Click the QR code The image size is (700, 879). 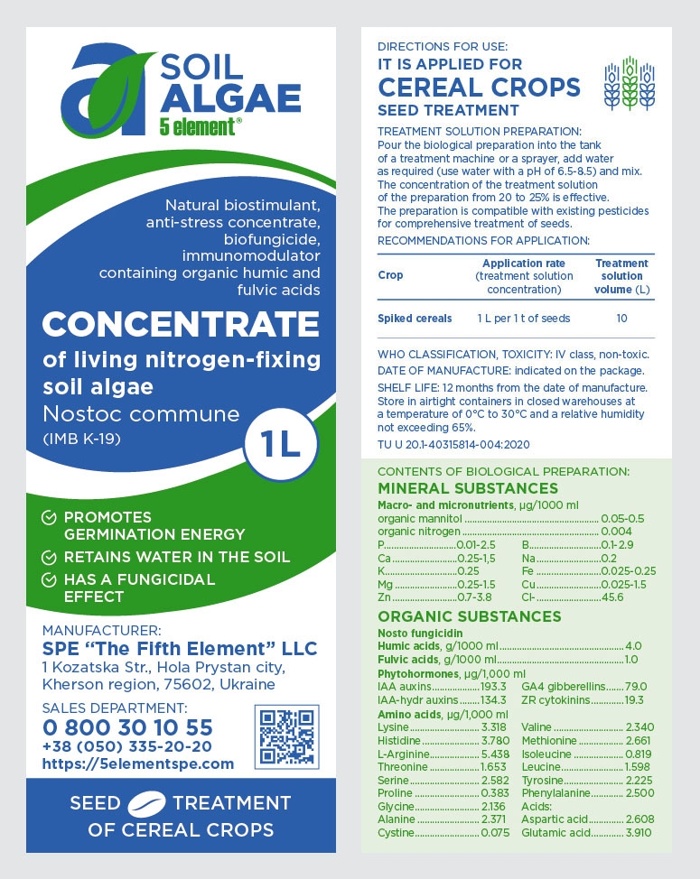click(x=286, y=736)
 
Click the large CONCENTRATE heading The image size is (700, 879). click(x=181, y=324)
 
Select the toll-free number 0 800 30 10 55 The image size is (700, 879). click(x=127, y=727)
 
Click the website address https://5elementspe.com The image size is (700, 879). click(x=137, y=763)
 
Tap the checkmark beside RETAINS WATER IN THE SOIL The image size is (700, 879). click(x=51, y=557)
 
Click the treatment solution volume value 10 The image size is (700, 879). click(x=621, y=319)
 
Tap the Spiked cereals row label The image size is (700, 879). click(x=407, y=319)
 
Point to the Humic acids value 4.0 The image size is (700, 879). click(x=632, y=646)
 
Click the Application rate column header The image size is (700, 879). click(x=524, y=263)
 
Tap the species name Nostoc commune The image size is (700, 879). click(x=141, y=415)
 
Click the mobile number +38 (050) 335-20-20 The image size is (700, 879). click(x=127, y=746)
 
